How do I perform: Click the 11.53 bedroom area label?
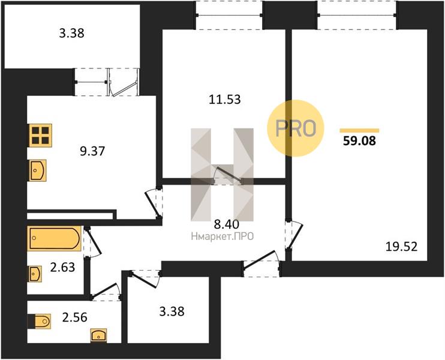224,100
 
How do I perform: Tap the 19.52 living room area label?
402,247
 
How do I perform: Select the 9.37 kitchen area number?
92,151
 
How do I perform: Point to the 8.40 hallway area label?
227,224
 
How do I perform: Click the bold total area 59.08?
359,141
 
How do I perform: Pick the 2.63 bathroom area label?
62,267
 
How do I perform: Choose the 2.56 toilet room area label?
74,317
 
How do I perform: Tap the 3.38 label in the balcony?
71,33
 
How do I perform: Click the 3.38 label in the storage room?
172,311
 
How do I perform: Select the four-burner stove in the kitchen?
40,136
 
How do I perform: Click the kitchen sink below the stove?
38,170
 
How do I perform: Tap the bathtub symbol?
54,238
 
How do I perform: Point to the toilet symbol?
40,322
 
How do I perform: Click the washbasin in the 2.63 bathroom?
34,274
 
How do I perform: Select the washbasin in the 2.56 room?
98,335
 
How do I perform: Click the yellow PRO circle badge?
296,128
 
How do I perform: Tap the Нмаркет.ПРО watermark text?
222,236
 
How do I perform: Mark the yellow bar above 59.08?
359,131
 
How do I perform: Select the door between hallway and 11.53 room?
228,175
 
